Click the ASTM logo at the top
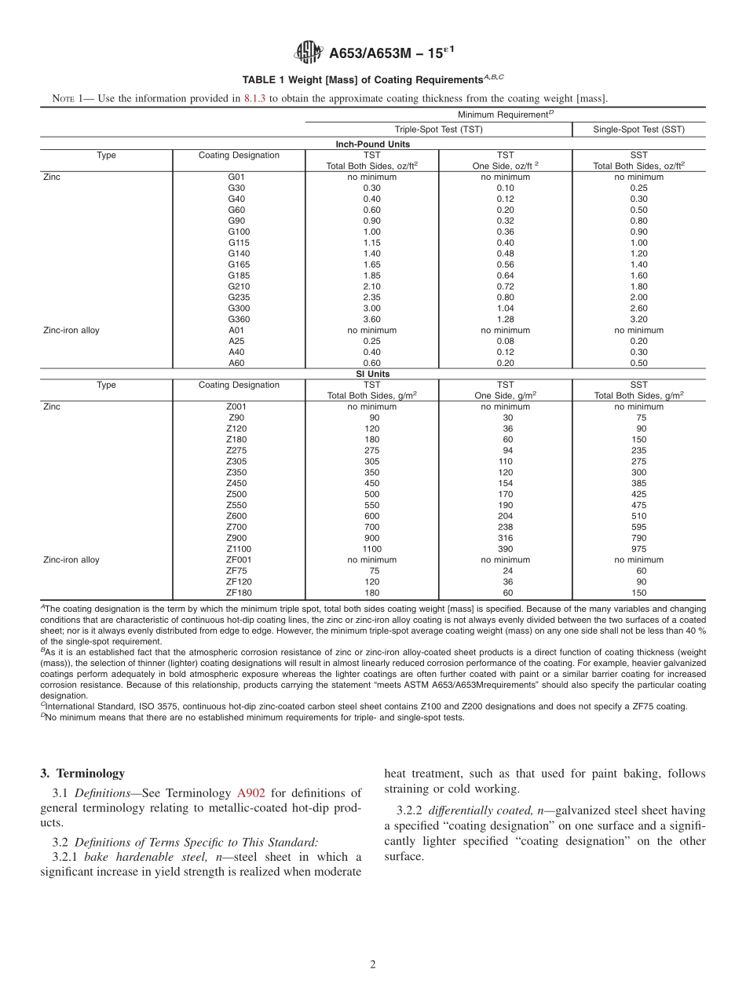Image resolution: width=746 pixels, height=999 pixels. [307, 53]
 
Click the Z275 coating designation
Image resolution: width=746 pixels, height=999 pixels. [237, 451]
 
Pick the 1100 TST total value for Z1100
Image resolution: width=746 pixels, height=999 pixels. [371, 550]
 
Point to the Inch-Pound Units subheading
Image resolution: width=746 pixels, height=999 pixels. [372, 145]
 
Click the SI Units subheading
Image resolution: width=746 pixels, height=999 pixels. [372, 375]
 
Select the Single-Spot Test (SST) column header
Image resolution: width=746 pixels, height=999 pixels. [638, 130]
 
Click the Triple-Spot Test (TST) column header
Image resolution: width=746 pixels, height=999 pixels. [438, 130]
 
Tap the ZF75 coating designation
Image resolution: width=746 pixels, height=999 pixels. [237, 572]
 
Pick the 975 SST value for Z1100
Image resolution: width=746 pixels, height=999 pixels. [638, 550]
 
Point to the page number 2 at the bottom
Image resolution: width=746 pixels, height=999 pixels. [373, 964]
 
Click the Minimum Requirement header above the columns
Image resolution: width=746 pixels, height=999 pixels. [505, 115]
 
